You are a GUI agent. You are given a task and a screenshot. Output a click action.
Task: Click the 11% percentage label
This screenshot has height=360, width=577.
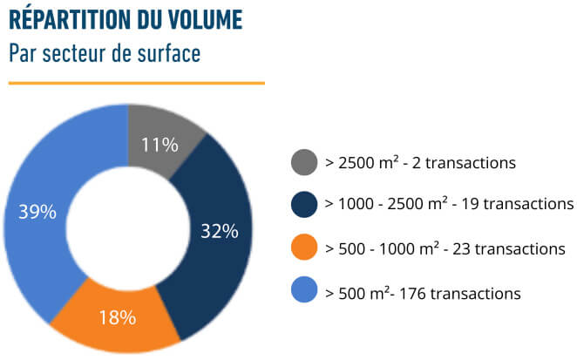click(x=160, y=145)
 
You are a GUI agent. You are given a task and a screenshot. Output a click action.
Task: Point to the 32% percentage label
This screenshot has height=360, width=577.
click(x=219, y=231)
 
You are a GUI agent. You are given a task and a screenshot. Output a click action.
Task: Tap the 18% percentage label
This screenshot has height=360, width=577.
click(x=116, y=317)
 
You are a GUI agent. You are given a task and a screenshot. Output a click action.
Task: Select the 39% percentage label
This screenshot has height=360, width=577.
click(x=37, y=212)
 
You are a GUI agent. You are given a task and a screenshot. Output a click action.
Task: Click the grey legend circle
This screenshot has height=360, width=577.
click(x=303, y=162)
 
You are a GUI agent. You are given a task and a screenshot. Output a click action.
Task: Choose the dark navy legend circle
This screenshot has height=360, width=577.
click(x=303, y=204)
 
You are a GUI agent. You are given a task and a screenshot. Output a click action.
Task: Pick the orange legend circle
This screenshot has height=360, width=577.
click(x=303, y=248)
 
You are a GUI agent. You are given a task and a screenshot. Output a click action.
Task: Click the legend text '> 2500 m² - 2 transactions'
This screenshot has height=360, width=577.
click(x=421, y=162)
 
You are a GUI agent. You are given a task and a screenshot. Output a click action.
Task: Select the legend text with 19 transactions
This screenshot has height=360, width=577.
click(x=449, y=204)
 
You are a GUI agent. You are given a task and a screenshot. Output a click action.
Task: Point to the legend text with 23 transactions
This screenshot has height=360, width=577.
click(x=445, y=248)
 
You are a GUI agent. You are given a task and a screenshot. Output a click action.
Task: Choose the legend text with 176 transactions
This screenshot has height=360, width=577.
click(x=423, y=293)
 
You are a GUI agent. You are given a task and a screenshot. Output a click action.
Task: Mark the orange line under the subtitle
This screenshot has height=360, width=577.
click(x=136, y=84)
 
